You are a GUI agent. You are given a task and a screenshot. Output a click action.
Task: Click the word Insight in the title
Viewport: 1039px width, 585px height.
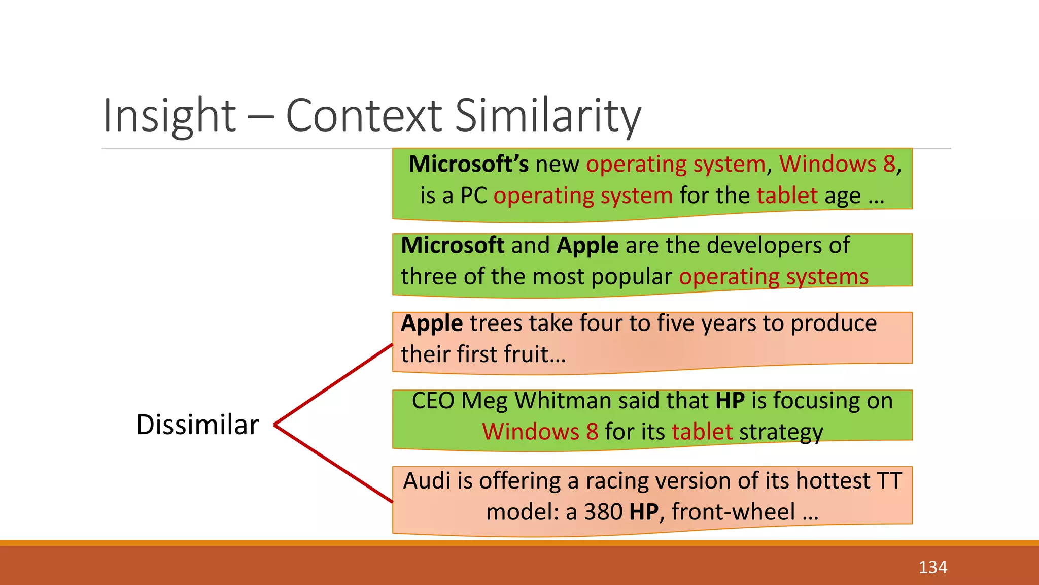point(169,115)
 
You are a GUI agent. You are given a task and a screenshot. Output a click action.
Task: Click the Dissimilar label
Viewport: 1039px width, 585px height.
point(197,425)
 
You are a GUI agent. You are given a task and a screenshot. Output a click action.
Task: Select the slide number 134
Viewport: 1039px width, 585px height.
point(932,567)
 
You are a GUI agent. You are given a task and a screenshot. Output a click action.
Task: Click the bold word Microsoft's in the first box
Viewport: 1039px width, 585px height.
point(468,164)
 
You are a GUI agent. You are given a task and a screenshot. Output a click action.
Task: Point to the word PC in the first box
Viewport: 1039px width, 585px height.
point(473,196)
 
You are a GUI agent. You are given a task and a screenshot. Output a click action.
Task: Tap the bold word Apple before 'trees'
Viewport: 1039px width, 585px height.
point(432,323)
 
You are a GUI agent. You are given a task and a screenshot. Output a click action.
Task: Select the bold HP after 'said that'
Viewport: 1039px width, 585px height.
point(730,401)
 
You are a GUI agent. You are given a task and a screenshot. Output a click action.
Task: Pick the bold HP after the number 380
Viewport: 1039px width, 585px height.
point(643,512)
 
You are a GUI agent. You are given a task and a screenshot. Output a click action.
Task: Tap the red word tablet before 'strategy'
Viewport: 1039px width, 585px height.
point(702,432)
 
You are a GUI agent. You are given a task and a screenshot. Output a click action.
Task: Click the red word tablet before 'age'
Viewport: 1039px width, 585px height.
point(787,196)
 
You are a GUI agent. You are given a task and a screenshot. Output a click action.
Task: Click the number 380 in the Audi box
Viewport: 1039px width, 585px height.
point(603,512)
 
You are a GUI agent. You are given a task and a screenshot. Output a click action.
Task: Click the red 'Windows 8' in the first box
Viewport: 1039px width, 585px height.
point(837,164)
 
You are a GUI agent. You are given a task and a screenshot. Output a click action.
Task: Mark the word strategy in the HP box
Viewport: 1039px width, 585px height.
point(781,432)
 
